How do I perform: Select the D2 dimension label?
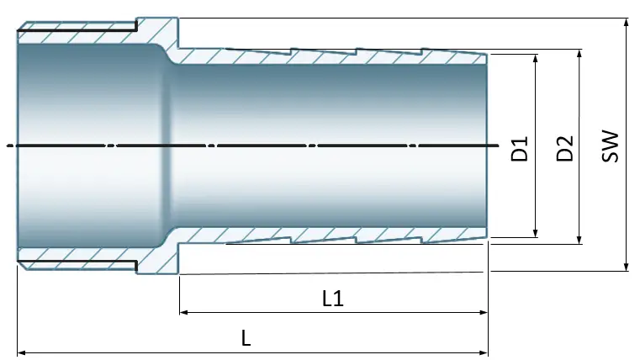tap(565, 148)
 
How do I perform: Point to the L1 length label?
tap(333, 299)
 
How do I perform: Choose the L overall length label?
tap(246, 338)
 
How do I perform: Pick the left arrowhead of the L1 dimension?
tap(184, 312)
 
